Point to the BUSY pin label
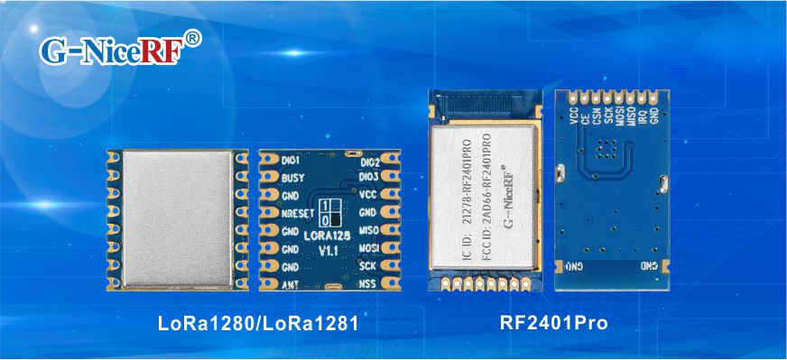(292, 179)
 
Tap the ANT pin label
(290, 285)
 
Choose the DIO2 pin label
(369, 163)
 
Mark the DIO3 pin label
(369, 178)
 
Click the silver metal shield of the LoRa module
(177, 219)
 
